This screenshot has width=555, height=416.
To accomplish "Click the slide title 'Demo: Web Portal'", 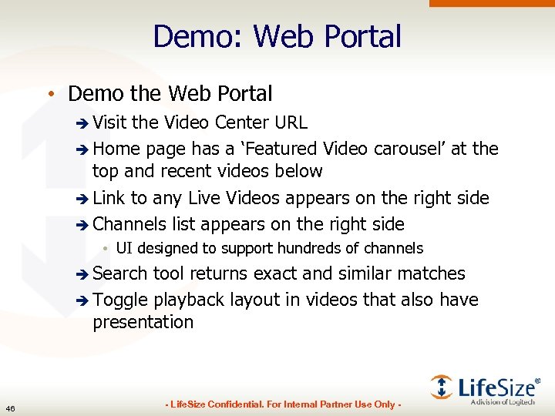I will (277, 36).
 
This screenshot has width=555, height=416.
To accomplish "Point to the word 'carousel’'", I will (409, 148).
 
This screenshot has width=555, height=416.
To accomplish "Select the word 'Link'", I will (109, 198).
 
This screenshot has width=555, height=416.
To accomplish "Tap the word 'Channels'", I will (129, 224).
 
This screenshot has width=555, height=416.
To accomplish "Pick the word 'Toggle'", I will (120, 300).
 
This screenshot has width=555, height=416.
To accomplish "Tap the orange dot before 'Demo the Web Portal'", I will (49, 95).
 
